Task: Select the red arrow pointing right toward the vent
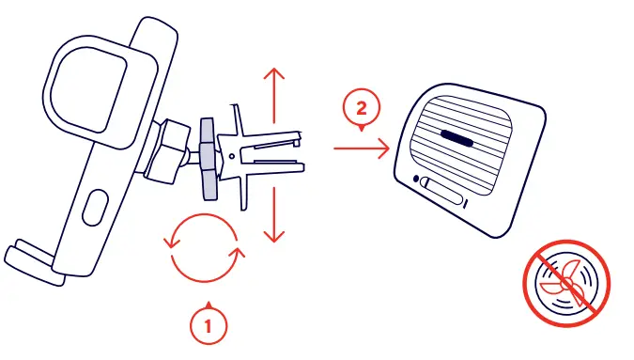tap(362, 148)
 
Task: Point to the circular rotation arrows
tap(205, 249)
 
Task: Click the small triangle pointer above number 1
tap(208, 302)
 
